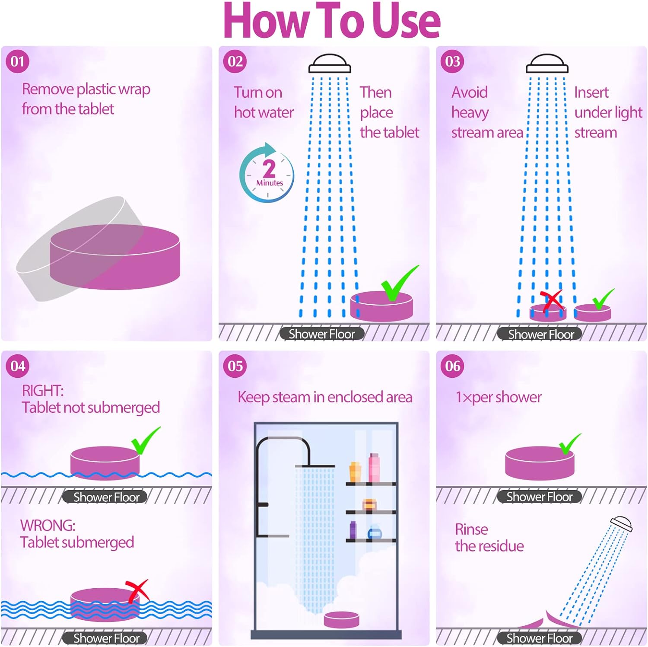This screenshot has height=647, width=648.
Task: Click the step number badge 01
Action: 17,61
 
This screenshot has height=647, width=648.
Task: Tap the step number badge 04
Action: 18,366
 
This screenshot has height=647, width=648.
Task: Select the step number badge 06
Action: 452,366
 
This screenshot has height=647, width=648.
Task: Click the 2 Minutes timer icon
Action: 267,173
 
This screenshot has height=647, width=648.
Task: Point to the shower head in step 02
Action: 330,64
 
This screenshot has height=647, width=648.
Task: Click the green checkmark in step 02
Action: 400,283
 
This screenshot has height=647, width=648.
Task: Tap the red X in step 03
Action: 552,301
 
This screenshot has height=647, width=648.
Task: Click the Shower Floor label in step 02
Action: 321,334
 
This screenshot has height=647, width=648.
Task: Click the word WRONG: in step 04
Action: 48,526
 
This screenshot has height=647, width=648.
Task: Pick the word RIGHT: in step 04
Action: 43,391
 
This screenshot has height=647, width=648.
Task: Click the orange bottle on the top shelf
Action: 355,472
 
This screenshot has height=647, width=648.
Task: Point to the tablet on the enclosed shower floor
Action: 342,619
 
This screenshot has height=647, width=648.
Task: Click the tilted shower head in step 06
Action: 621,523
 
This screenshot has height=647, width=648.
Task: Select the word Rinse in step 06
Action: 471,529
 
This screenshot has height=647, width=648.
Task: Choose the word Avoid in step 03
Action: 470,92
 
